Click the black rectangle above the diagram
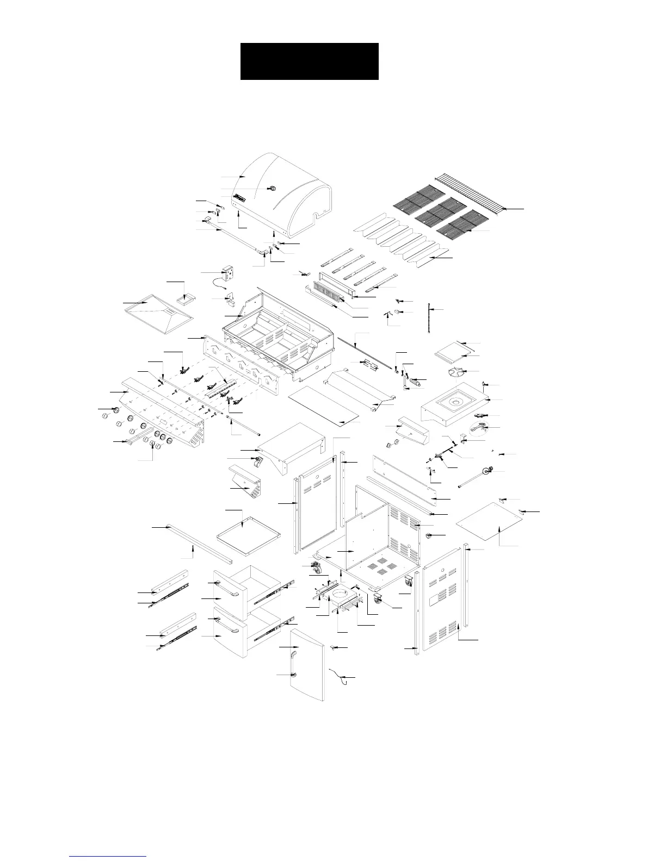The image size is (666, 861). (x=309, y=61)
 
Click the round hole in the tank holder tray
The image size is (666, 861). (x=342, y=591)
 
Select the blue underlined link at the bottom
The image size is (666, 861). (x=108, y=856)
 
